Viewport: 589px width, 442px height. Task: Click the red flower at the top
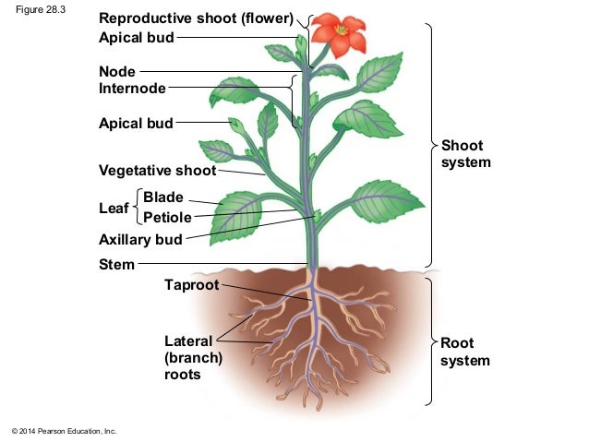pos(340,34)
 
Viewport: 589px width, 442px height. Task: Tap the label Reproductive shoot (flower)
pos(196,18)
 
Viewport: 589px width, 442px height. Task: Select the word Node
pos(117,71)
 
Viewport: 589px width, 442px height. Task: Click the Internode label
pos(132,89)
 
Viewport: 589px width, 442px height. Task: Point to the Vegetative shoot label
pos(157,171)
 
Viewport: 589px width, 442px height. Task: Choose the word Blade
pos(163,197)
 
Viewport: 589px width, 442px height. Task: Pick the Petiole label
pos(167,218)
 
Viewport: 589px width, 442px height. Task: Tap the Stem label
pos(116,265)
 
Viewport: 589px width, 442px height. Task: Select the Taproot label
pos(192,285)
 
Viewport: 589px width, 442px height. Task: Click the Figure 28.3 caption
pos(35,10)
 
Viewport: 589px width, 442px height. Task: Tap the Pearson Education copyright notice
pos(63,431)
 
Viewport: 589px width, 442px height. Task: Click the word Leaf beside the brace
pos(114,208)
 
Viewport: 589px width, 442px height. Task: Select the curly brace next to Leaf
pos(137,208)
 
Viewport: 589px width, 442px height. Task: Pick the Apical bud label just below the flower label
pos(136,38)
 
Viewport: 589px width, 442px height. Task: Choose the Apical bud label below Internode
pos(136,123)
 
